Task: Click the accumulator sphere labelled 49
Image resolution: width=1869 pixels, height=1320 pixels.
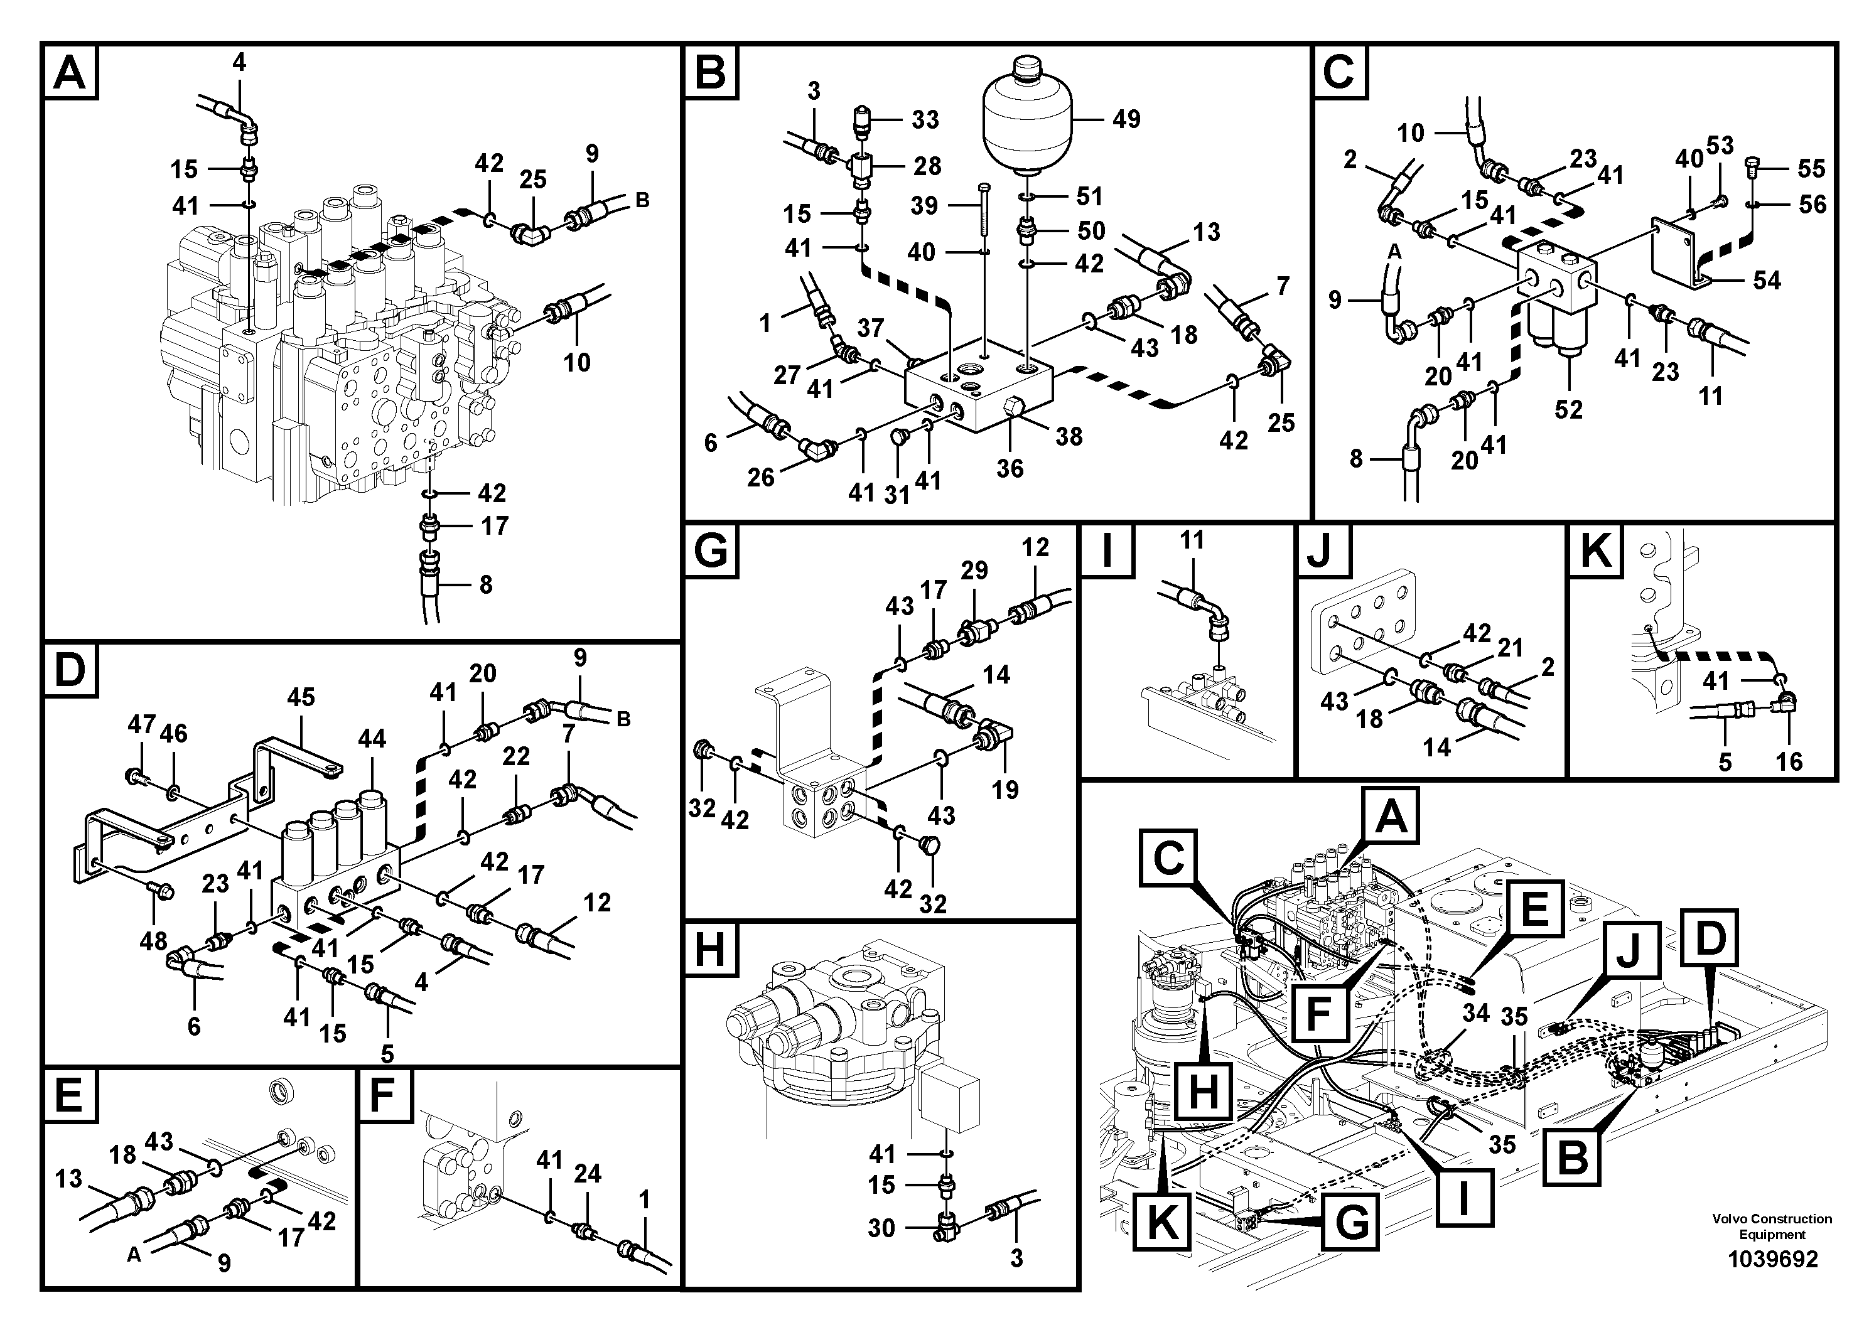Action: pyautogui.click(x=1029, y=122)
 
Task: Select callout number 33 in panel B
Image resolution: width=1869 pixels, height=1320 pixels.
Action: pyautogui.click(x=925, y=121)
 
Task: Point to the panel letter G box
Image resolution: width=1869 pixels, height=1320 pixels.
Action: pyautogui.click(x=711, y=551)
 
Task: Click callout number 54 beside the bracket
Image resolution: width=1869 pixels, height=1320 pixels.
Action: pyautogui.click(x=1767, y=281)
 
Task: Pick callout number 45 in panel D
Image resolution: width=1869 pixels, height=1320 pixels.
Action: pyautogui.click(x=300, y=697)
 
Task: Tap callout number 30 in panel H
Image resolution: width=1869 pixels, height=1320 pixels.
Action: pyautogui.click(x=881, y=1227)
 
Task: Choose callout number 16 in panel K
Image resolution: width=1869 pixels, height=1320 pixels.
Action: pyautogui.click(x=1789, y=762)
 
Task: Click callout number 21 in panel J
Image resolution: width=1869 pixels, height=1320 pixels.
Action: pyautogui.click(x=1510, y=648)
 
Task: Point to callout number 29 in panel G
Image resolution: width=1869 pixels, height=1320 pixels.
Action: pyautogui.click(x=974, y=571)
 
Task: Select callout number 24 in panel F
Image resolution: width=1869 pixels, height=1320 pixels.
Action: pyautogui.click(x=587, y=1174)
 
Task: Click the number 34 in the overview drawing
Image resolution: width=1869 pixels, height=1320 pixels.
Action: pyautogui.click(x=1475, y=1013)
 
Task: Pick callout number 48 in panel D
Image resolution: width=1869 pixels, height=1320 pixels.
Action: pyautogui.click(x=153, y=942)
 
